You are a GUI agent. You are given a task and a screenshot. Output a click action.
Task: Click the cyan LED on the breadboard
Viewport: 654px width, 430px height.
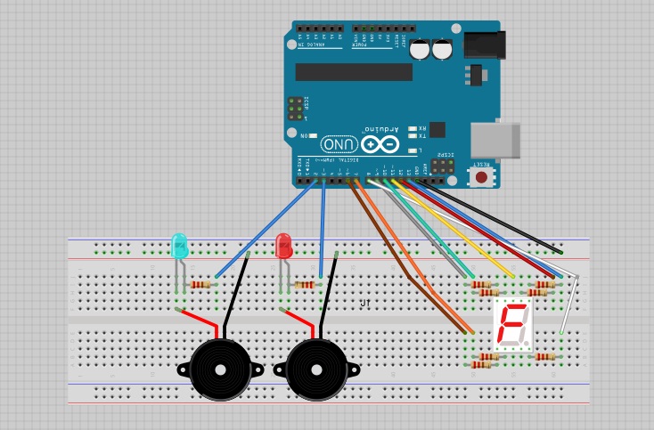179,246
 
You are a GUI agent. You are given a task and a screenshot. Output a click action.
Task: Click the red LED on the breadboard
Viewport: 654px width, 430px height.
283,246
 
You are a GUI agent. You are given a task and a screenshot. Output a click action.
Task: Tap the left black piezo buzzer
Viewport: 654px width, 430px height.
219,368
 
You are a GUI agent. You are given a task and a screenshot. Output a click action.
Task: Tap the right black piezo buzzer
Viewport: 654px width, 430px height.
315,368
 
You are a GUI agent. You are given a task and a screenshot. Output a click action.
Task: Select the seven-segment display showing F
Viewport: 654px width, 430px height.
513,324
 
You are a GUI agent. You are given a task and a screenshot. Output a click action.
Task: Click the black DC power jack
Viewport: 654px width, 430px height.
484,45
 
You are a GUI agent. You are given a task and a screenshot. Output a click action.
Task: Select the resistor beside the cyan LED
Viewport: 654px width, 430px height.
201,285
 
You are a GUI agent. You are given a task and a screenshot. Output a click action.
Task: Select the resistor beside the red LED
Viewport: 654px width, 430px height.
305,285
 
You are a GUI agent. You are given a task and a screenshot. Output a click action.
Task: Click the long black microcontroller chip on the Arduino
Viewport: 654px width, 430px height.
354,72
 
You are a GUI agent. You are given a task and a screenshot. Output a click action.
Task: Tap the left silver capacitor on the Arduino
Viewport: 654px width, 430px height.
420,50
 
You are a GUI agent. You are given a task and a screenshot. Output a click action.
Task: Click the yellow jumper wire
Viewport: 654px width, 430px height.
454,228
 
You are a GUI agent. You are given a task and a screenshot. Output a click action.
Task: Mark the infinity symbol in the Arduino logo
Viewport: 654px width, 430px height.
380,144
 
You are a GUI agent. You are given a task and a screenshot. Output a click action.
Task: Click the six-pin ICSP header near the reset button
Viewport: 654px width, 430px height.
443,166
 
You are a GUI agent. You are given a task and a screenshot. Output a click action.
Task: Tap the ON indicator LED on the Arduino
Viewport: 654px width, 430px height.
312,135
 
